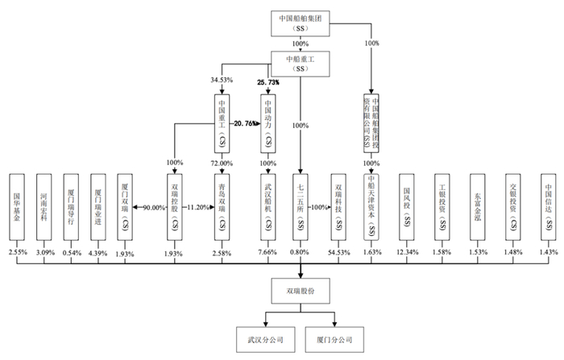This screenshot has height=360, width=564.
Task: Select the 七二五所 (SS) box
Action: coord(300,206)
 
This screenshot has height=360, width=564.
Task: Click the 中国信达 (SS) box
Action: coord(549,206)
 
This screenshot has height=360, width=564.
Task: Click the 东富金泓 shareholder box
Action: coord(479,206)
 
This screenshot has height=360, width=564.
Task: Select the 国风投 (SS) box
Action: coord(408,206)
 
